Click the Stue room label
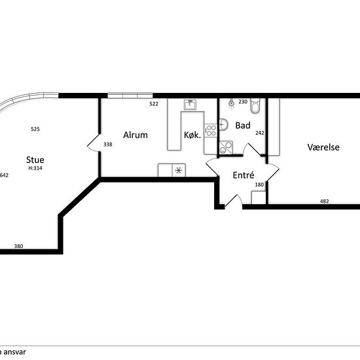(x=35, y=160)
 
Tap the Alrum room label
(x=135, y=135)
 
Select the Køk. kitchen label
(x=192, y=135)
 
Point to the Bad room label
(x=243, y=126)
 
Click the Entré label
(x=243, y=175)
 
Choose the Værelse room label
(x=323, y=147)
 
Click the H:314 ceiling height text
(x=35, y=168)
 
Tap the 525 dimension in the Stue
(x=35, y=129)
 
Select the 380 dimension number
(x=18, y=246)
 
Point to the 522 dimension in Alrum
(x=154, y=104)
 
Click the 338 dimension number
(x=108, y=145)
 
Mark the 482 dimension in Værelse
(x=325, y=202)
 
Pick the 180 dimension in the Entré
(x=259, y=185)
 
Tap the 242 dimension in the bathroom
(x=260, y=133)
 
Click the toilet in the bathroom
(x=255, y=105)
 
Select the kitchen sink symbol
(x=190, y=105)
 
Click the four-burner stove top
(x=211, y=130)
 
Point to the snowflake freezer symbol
(x=179, y=170)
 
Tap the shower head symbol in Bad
(x=232, y=103)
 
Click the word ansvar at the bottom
(x=14, y=352)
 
